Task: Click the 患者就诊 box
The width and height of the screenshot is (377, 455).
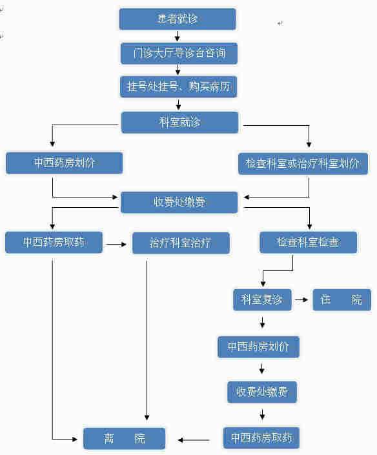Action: tap(178, 19)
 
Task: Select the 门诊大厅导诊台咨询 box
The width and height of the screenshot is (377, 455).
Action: tap(179, 54)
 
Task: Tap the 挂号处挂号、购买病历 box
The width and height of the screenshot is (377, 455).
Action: tap(178, 86)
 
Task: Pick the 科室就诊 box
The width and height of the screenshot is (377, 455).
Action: tap(179, 123)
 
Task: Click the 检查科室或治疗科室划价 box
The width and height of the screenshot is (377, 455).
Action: tap(303, 164)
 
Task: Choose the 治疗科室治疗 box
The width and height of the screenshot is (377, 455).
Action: tap(181, 243)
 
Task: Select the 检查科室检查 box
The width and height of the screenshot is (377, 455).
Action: tap(308, 242)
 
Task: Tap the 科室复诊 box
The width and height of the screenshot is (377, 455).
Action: tap(262, 299)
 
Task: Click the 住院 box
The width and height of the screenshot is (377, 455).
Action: tap(341, 299)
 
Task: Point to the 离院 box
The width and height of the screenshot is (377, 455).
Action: tap(124, 438)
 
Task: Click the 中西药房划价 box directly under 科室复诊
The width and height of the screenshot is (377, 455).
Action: tap(258, 347)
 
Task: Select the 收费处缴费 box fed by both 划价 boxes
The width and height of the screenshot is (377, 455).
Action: tap(179, 202)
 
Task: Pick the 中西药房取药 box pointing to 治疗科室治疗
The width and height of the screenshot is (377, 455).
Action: tap(54, 242)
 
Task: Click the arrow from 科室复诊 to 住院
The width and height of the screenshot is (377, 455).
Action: tap(301, 299)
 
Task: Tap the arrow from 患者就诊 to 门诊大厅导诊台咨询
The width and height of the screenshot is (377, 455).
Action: tap(178, 36)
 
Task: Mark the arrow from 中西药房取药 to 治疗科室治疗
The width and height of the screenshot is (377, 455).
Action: tap(116, 245)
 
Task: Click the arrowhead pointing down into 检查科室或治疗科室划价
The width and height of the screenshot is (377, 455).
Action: tap(309, 144)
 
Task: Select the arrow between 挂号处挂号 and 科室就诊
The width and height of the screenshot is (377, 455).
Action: tap(178, 105)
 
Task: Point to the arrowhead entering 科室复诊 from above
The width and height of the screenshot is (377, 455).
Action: tap(263, 283)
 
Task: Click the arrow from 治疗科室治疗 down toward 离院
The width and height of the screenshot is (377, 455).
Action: tap(147, 340)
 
